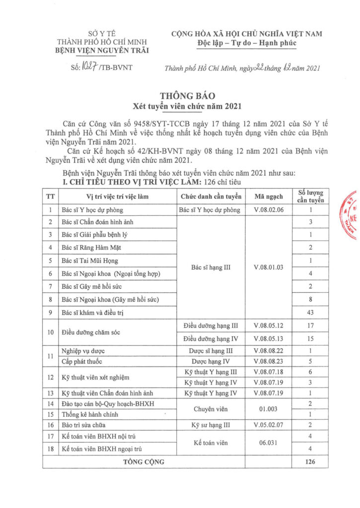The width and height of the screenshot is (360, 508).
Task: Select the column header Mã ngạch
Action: point(268,196)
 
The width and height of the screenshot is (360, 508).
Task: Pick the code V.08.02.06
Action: point(268,209)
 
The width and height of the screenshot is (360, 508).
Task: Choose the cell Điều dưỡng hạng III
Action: point(211,325)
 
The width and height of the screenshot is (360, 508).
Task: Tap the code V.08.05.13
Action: point(268,338)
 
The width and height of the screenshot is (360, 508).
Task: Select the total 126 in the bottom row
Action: point(310,461)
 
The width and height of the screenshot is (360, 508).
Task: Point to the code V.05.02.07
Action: point(268,425)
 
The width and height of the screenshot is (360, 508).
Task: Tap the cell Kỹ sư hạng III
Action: point(211,425)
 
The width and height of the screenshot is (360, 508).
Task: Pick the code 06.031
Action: point(268,443)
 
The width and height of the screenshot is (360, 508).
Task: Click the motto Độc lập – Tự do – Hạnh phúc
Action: point(246,44)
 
